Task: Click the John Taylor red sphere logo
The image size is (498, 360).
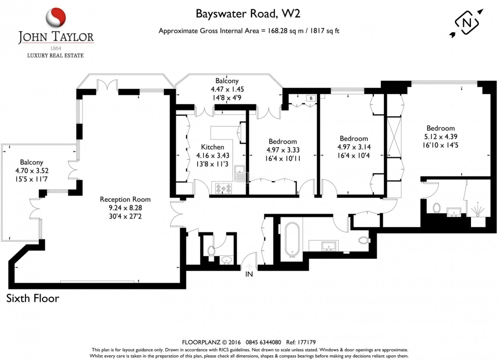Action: (x=56, y=18)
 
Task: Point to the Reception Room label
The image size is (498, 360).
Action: (x=125, y=199)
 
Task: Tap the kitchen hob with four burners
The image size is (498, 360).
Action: (x=225, y=188)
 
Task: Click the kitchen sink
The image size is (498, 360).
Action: (x=240, y=173)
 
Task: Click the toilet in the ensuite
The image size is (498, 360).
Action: (x=437, y=208)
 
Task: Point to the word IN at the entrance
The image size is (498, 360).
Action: (x=249, y=274)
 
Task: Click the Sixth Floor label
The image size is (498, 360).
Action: (x=33, y=298)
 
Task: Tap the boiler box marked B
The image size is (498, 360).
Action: (x=311, y=99)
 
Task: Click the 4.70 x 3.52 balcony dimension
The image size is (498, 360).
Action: (x=31, y=171)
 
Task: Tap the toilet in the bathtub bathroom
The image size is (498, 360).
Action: (x=364, y=240)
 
